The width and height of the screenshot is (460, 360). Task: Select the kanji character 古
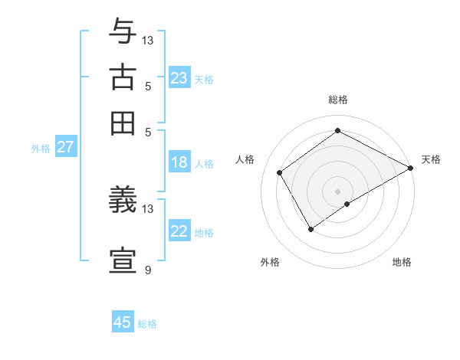tap(123, 78)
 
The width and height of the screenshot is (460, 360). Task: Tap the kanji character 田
tap(123, 123)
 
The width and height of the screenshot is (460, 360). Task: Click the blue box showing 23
tap(179, 78)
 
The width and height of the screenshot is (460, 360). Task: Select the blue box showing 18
tap(179, 162)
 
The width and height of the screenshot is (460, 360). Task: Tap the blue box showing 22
tap(179, 232)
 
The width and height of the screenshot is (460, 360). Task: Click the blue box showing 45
tap(123, 322)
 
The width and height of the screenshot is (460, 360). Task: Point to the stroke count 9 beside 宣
tap(148, 270)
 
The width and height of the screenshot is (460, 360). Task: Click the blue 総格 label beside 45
tap(147, 324)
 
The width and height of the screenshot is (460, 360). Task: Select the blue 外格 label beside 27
tap(41, 149)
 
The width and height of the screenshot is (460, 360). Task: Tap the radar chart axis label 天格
tap(431, 159)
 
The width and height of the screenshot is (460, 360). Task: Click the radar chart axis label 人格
tap(245, 159)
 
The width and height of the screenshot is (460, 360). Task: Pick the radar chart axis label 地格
tap(402, 262)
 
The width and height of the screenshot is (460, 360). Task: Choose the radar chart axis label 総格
tap(338, 100)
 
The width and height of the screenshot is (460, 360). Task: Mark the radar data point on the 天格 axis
tap(410, 168)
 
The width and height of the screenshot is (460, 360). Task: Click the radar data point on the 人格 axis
tap(280, 172)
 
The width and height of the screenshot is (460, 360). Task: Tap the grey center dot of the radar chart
tap(338, 191)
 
